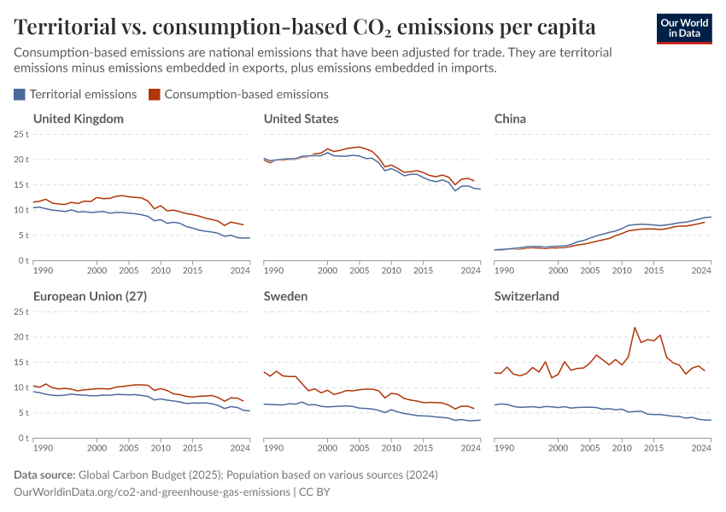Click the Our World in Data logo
coord(683,27)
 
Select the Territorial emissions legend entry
coord(75,94)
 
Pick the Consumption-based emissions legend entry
coord(238,94)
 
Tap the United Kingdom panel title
coord(78,119)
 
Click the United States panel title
coord(301,119)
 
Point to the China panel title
coord(510,119)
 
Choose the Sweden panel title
coord(285,296)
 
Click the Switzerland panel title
coord(526,296)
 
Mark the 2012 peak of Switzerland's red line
coord(635,328)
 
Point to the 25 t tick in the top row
coord(21,134)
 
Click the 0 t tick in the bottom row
coord(24,438)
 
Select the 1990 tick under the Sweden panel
coord(273,447)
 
